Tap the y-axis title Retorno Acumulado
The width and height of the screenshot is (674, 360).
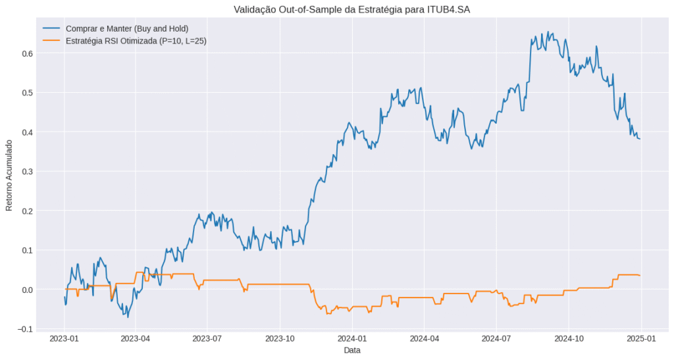point(9,174)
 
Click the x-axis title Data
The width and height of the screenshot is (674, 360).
point(351,351)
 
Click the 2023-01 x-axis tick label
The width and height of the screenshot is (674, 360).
point(65,340)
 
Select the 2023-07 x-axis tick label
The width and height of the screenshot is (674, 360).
point(208,340)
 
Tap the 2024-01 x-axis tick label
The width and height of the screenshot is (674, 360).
point(352,340)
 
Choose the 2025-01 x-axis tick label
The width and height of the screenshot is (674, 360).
point(640,340)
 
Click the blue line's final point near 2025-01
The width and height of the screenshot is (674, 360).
point(639,138)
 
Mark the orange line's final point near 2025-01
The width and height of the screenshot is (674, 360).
point(639,275)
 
